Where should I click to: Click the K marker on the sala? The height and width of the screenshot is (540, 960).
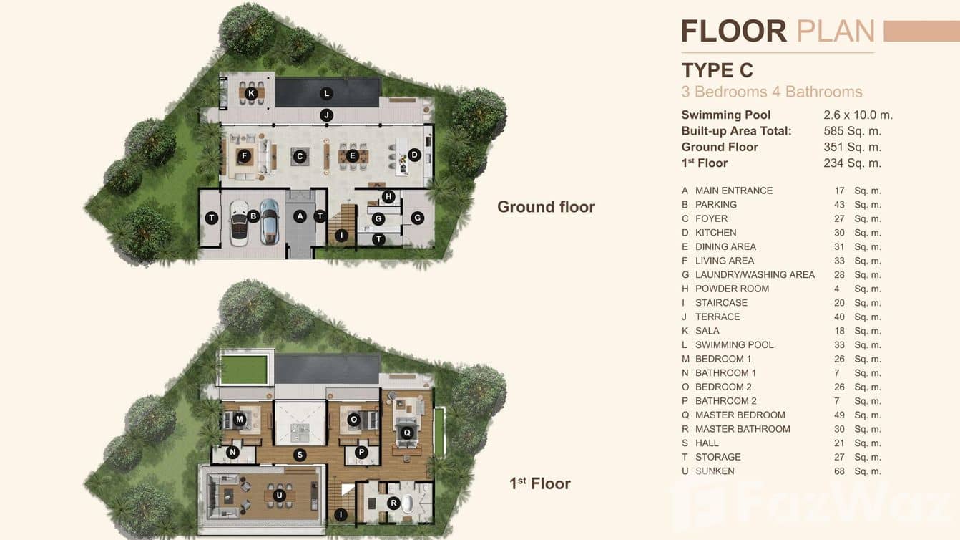pos(251,93)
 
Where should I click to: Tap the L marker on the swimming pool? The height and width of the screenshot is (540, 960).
pos(326,93)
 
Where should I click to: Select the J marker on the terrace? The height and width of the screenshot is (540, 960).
pos(326,115)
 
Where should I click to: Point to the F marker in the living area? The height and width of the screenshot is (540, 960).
pos(245,155)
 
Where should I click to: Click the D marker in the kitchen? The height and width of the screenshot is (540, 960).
pos(413,155)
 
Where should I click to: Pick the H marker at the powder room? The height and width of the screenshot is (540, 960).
pos(388,196)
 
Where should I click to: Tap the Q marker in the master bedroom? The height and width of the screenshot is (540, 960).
pos(407,432)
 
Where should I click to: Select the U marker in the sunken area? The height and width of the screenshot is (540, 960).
pos(279,494)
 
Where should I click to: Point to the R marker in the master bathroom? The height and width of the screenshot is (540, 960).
pos(393,503)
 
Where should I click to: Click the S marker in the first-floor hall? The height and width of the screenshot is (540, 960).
pos(300,454)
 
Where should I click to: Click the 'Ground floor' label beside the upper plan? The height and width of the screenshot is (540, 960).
pos(546,207)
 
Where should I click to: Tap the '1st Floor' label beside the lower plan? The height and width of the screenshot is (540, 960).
pos(539,483)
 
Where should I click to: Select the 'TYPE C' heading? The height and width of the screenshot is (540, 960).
pos(717,70)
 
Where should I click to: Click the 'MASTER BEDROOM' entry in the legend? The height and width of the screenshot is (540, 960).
pos(740,415)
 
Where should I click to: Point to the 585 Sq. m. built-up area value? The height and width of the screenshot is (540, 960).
pos(852,131)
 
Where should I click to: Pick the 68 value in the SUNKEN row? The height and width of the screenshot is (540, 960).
pos(839,471)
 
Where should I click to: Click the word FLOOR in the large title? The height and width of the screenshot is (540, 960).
pos(733,32)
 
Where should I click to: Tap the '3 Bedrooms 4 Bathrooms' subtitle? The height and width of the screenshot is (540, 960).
pos(771,92)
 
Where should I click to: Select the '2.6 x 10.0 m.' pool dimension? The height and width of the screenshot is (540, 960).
pos(858,115)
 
